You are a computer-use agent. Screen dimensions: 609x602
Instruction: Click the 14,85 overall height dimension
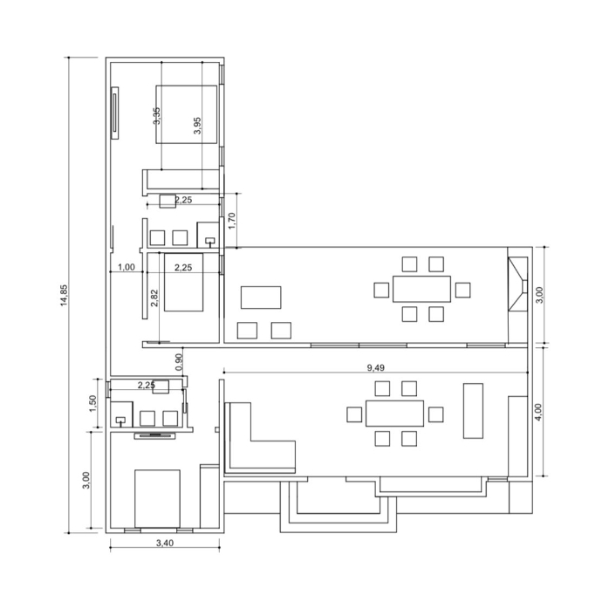click(x=64, y=295)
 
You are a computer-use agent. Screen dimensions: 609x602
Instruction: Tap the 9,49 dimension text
click(x=375, y=367)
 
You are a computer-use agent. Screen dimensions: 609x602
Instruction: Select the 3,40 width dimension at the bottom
click(x=165, y=543)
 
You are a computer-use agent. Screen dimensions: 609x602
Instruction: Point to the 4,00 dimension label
click(x=538, y=412)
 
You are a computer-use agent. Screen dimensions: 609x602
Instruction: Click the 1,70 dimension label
click(x=231, y=221)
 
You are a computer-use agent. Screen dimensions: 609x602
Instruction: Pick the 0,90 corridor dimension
click(x=179, y=362)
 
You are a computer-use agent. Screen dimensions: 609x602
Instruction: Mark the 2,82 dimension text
click(x=154, y=298)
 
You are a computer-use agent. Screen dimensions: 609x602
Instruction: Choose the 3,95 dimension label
click(x=197, y=126)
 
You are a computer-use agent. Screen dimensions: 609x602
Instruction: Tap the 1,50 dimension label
click(x=92, y=404)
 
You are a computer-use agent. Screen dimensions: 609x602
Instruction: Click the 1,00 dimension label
click(x=127, y=267)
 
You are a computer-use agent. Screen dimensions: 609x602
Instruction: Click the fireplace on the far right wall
click(x=518, y=284)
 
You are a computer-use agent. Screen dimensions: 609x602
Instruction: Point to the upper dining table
click(x=421, y=289)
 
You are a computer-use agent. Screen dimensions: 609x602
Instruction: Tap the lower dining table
click(x=394, y=414)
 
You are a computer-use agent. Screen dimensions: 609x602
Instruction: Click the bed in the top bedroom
click(x=187, y=114)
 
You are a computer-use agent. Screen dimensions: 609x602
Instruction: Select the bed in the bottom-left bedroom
click(x=157, y=499)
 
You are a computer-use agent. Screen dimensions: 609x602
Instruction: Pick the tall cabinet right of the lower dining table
click(x=473, y=411)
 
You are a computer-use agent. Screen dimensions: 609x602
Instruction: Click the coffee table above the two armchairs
click(x=261, y=298)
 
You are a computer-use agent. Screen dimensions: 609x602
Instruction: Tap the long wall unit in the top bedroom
click(x=115, y=113)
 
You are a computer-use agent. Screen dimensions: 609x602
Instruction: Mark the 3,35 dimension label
click(x=156, y=116)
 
